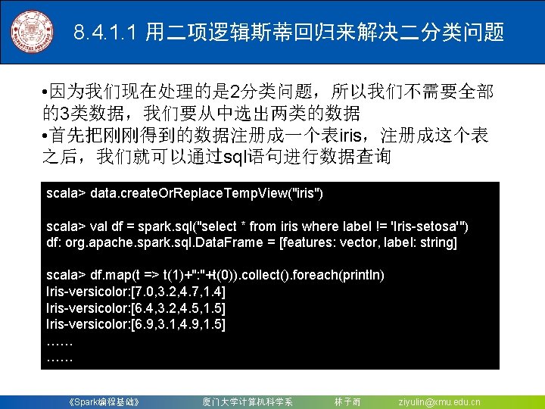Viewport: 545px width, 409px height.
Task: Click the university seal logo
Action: pos(32,33)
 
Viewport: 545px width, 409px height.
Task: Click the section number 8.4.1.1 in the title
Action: pos(106,33)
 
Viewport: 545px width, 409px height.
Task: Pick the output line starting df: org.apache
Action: pos(251,242)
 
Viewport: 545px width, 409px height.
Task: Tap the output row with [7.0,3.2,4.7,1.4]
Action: pos(136,292)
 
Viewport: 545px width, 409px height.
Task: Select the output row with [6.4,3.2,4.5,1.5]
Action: pos(136,308)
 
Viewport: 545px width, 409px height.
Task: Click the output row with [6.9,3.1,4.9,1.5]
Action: pos(136,325)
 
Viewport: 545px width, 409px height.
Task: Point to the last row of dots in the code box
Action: pos(60,357)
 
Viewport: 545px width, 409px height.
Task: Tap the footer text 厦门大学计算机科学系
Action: pos(248,401)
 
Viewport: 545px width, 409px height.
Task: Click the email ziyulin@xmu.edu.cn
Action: pos(439,401)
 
